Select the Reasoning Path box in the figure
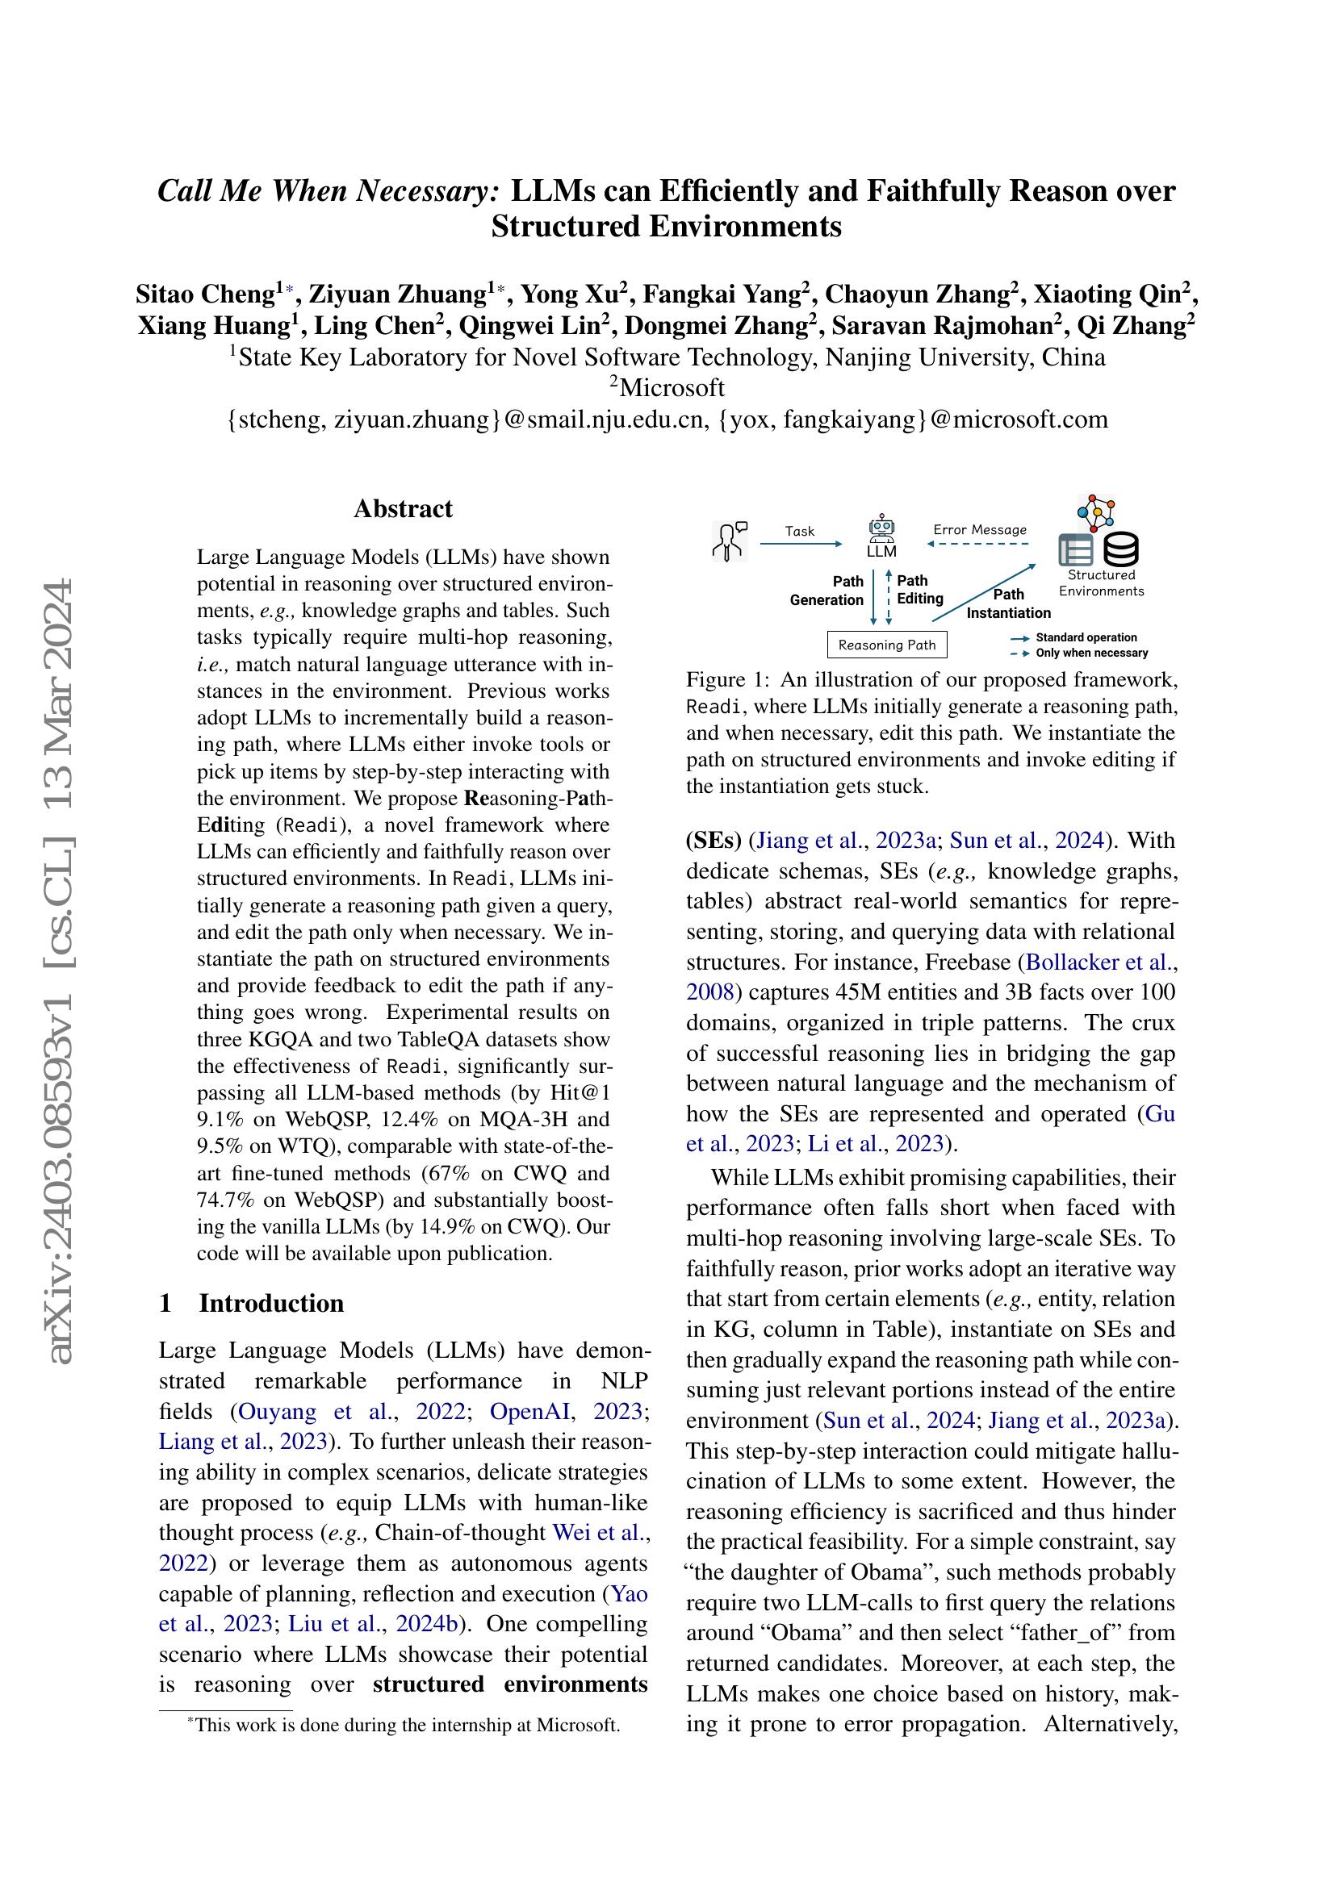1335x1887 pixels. (x=887, y=645)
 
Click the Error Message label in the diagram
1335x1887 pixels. (x=980, y=530)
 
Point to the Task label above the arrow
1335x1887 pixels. (x=799, y=531)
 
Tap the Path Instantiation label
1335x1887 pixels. (x=1009, y=603)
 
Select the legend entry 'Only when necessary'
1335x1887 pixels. (x=1091, y=653)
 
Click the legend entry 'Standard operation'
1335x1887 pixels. (x=1086, y=638)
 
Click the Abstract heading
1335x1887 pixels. (x=403, y=509)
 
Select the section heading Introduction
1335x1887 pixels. (x=271, y=1304)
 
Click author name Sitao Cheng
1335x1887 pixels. (x=205, y=294)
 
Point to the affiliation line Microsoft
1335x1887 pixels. (x=671, y=387)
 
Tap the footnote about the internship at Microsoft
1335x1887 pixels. (x=405, y=1725)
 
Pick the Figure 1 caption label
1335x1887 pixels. (x=728, y=681)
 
